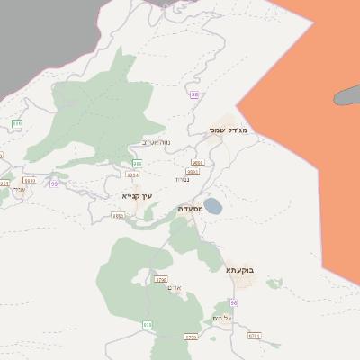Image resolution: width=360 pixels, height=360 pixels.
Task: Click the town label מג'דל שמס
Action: tap(228, 130)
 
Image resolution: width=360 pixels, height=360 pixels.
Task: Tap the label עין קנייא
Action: tap(138, 195)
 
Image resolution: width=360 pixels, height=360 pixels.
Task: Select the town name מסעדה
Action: tap(190, 209)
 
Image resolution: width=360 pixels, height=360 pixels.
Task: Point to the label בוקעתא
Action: tap(240, 268)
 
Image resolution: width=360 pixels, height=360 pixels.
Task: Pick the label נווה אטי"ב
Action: tap(157, 142)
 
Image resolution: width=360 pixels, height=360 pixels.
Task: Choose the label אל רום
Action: tap(222, 319)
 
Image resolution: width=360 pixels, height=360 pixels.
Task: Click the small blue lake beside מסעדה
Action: tap(212, 207)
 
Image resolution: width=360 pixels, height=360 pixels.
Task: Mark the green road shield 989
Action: tap(137, 164)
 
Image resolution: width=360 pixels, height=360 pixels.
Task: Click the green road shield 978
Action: tap(147, 323)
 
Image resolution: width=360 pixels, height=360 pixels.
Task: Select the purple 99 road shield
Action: tap(54, 184)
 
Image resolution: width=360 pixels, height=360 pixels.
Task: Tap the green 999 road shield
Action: tap(16, 123)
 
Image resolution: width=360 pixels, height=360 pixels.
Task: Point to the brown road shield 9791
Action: tap(254, 335)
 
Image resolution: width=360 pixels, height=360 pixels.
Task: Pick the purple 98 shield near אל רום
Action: tap(233, 303)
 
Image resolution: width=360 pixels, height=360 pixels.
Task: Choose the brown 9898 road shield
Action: tap(197, 163)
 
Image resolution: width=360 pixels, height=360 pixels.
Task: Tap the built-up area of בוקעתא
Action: tap(242, 282)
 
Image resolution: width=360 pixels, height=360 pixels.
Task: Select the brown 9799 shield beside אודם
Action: tap(161, 280)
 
